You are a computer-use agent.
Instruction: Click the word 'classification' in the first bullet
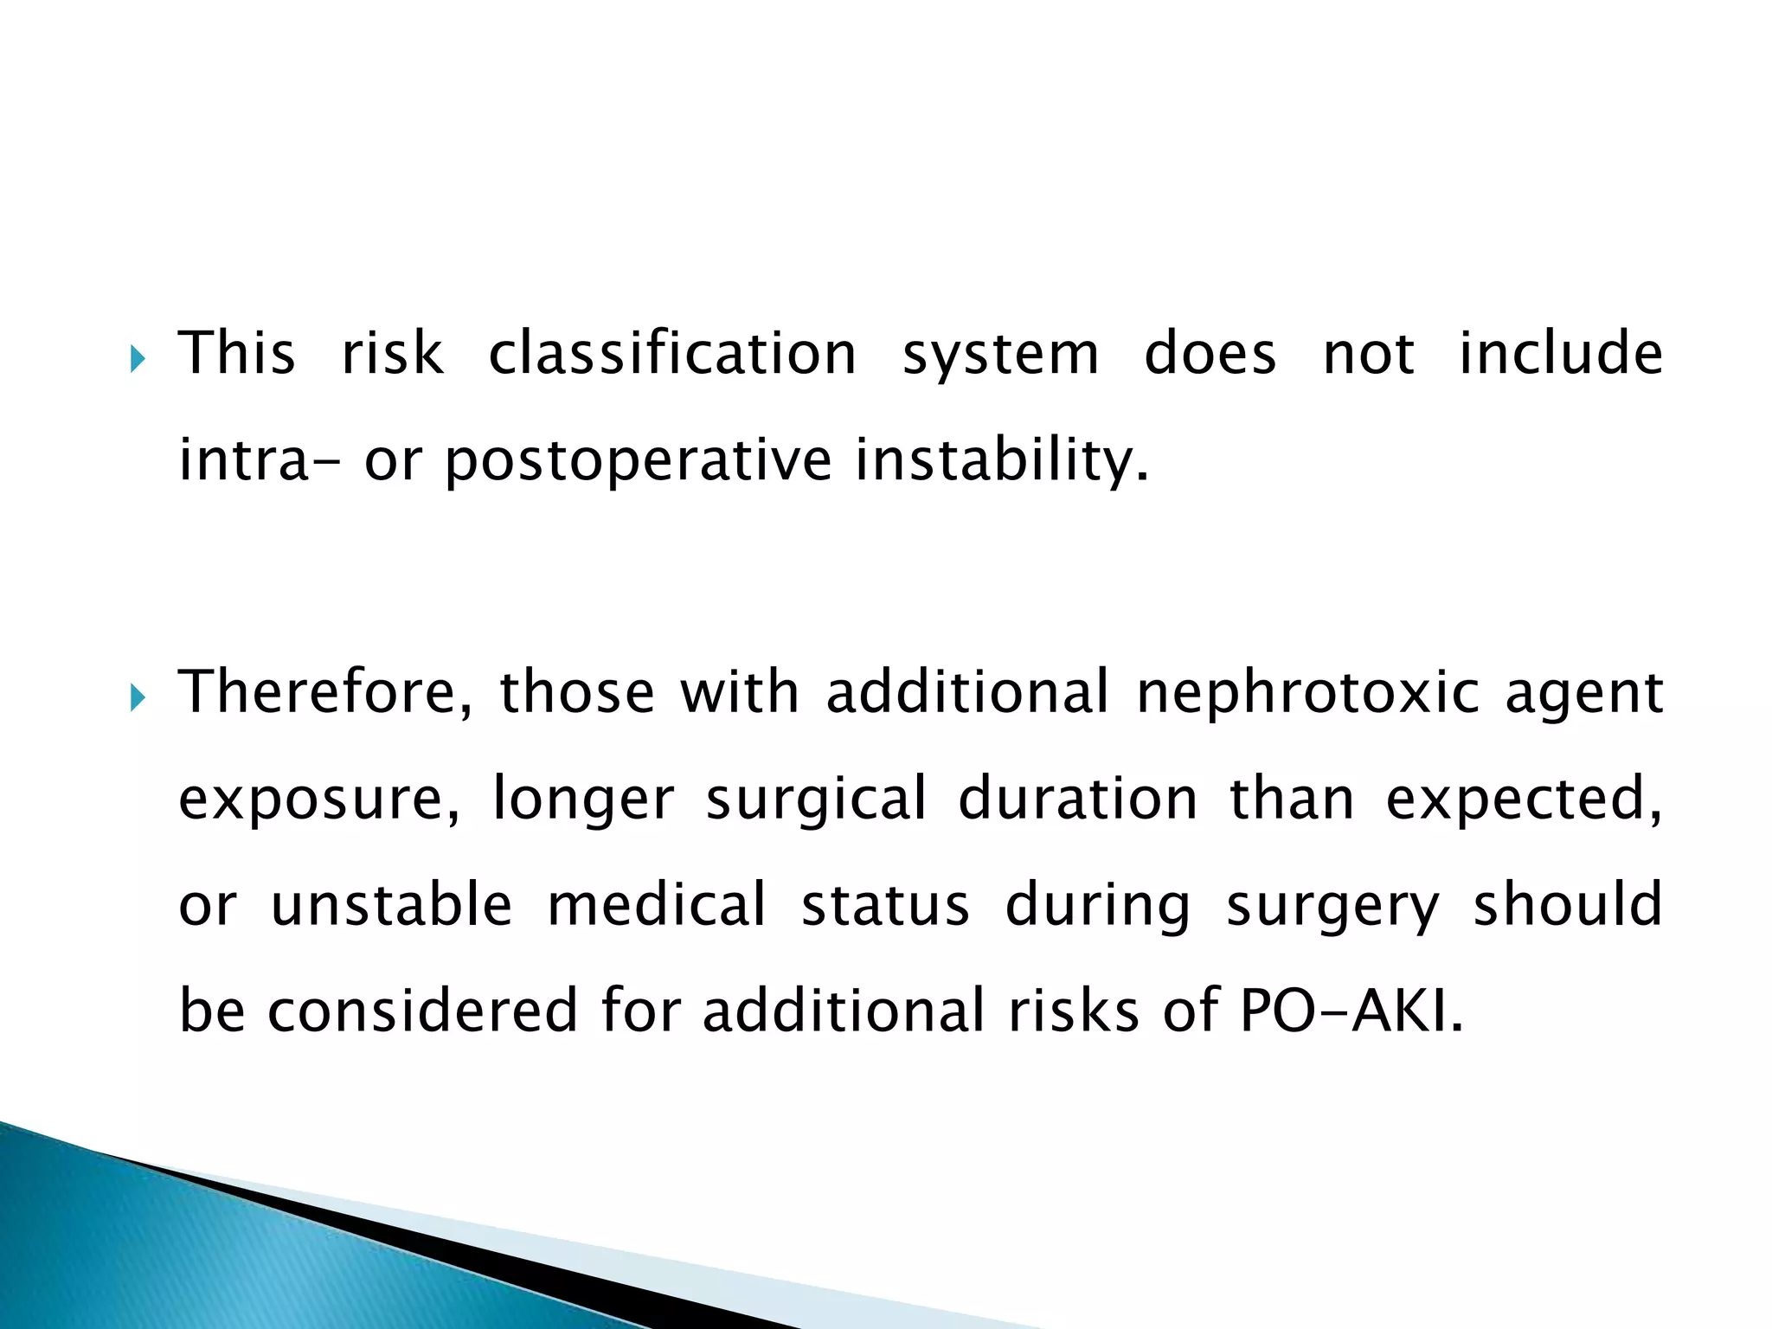(672, 354)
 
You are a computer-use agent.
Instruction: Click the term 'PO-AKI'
(1351, 1011)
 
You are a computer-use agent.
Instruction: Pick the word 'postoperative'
(638, 461)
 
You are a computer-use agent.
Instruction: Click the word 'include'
(1561, 354)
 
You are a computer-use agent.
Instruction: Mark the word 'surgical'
(816, 800)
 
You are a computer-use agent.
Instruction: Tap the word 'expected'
(1524, 800)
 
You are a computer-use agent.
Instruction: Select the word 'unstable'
(392, 904)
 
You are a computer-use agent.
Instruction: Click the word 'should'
(1568, 904)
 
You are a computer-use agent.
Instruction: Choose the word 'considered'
(422, 1011)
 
